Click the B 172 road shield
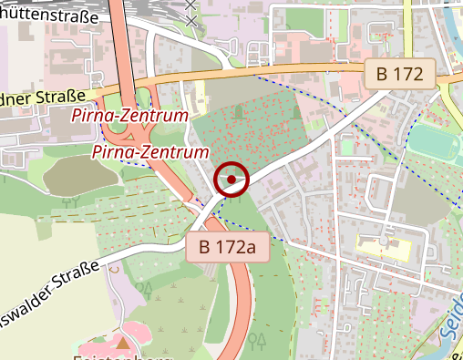[x=400, y=75]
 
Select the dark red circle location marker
[x=231, y=180]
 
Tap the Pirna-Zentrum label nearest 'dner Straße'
[x=129, y=117]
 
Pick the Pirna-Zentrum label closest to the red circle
[x=149, y=151]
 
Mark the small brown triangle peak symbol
[x=123, y=343]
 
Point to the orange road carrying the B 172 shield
[x=301, y=72]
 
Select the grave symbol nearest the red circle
[x=238, y=111]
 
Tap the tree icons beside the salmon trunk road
[x=258, y=341]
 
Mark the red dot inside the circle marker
[x=231, y=180]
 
